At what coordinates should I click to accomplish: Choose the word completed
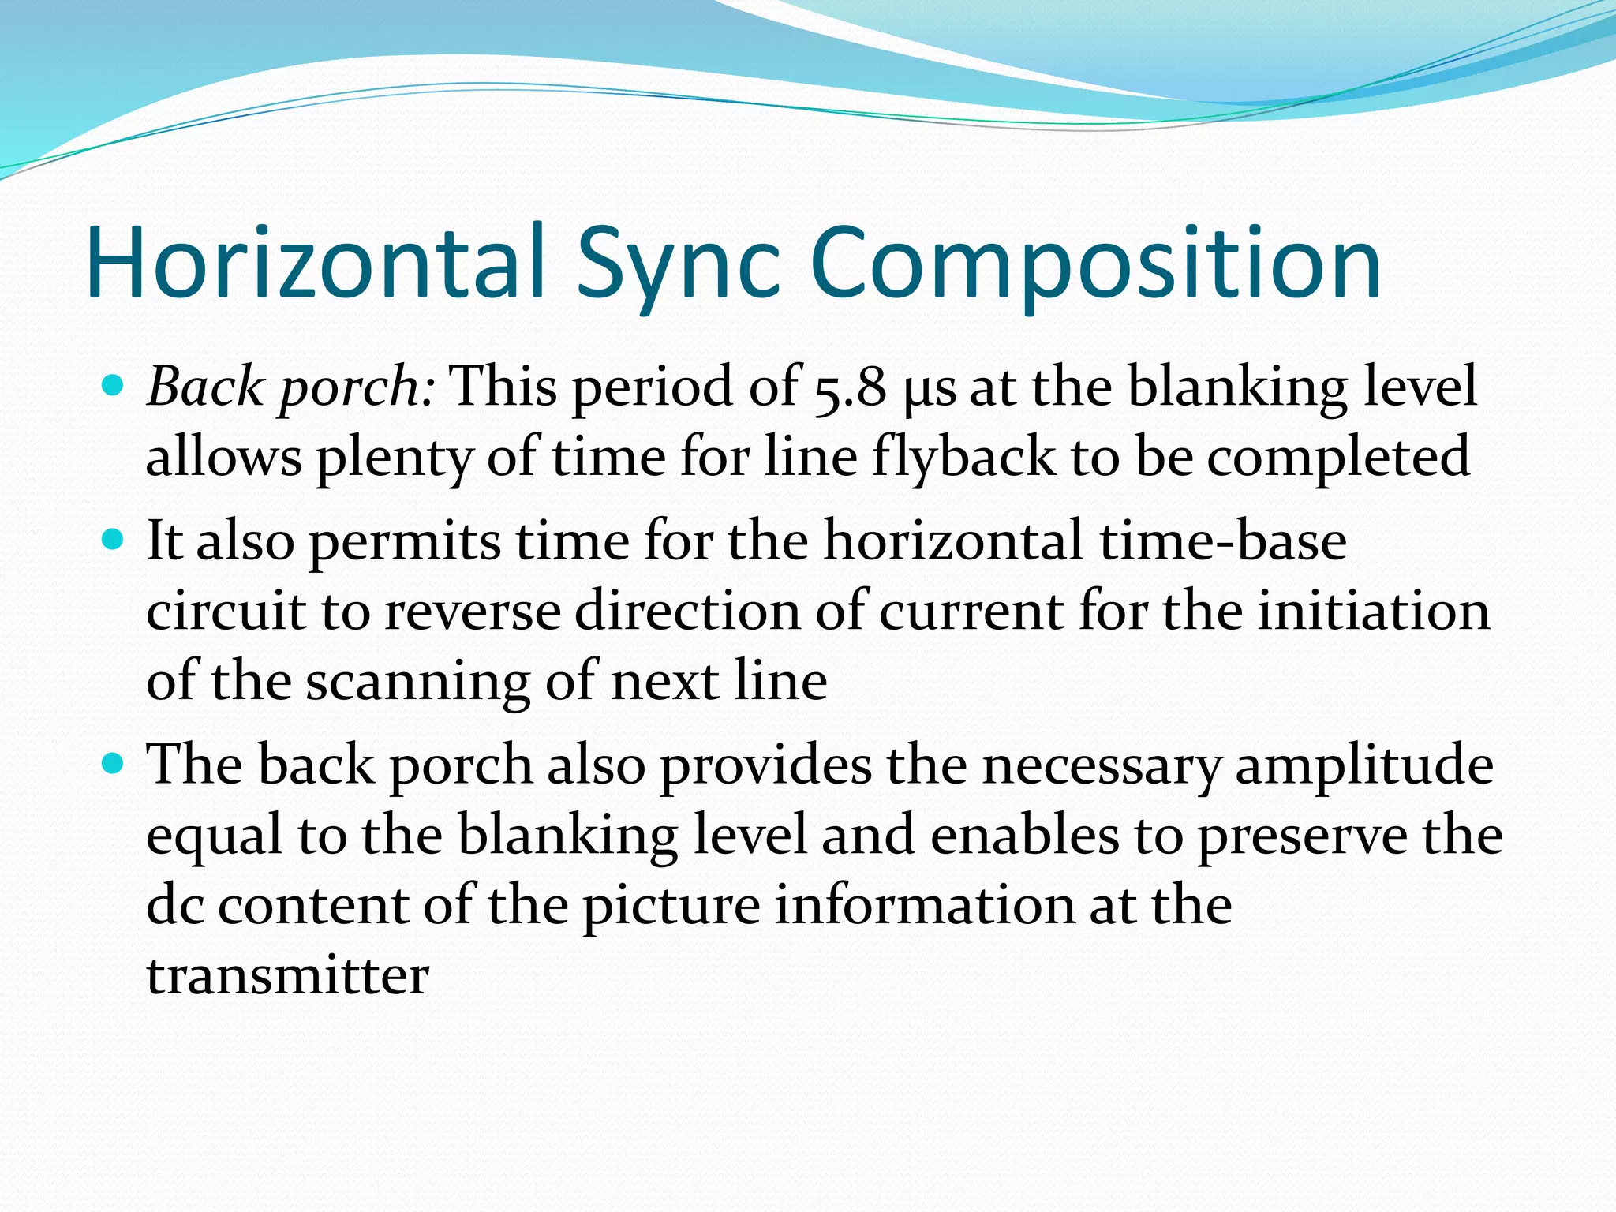[1338, 458]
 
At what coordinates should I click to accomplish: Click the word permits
[405, 542]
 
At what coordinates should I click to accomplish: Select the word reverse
[471, 612]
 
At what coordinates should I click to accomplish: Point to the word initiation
[1373, 612]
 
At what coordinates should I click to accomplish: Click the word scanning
[417, 681]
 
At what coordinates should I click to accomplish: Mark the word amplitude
[1364, 765]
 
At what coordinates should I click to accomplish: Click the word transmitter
[288, 975]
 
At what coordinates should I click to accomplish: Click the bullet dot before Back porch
[114, 387]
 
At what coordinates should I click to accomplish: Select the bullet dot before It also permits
[114, 541]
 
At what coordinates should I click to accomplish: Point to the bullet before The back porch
[114, 764]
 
